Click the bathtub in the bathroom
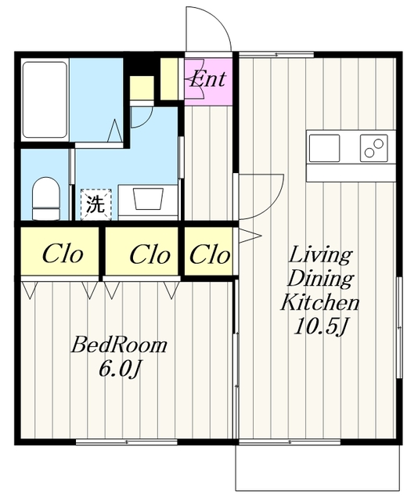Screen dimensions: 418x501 [45, 99]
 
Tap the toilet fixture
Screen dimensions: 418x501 [46, 199]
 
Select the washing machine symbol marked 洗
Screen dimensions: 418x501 [95, 204]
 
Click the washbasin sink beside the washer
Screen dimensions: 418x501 [148, 199]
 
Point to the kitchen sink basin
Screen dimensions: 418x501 [324, 148]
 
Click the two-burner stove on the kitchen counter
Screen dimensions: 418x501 [374, 148]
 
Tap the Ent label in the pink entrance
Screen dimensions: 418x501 [207, 78]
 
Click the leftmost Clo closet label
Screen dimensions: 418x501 [63, 254]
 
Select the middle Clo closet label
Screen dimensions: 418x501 [150, 254]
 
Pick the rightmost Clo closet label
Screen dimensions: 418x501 [210, 254]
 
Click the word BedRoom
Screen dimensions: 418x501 [119, 345]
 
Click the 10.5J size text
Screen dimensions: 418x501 [320, 326]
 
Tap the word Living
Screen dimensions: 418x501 [320, 256]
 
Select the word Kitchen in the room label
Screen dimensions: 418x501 [320, 302]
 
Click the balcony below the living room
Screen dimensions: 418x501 [318, 467]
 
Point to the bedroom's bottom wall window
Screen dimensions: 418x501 [127, 442]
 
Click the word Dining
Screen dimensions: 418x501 [320, 279]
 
